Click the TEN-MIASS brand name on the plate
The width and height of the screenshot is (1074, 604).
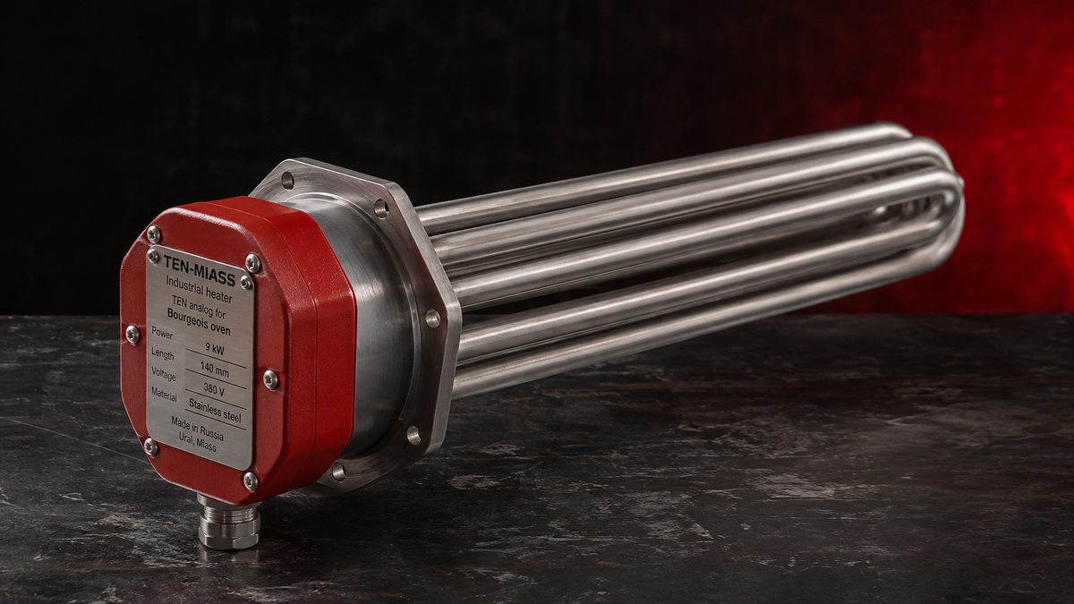(199, 270)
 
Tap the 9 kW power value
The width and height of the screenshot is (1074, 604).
(215, 348)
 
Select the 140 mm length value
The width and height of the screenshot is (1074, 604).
(214, 369)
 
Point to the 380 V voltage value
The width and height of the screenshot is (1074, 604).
(214, 388)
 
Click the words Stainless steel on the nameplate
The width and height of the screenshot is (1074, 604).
(215, 411)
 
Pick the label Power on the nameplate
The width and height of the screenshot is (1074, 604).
(162, 333)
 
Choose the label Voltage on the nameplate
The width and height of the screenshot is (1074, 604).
(164, 373)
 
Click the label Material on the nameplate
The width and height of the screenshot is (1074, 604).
(164, 394)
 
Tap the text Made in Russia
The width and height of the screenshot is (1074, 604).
(197, 428)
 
